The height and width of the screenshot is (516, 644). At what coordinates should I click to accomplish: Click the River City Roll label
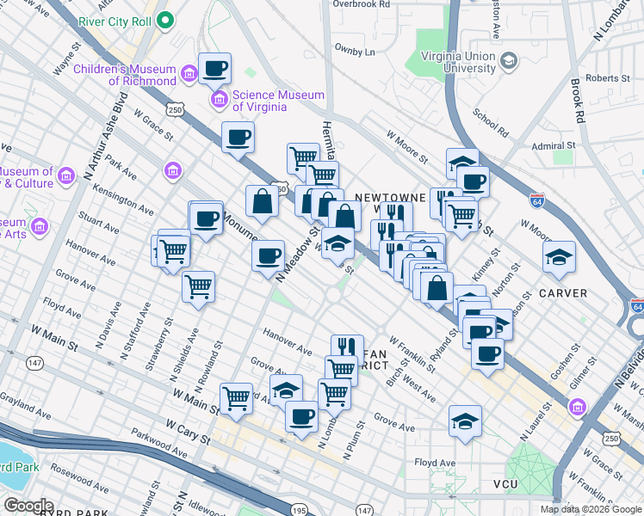click(x=116, y=20)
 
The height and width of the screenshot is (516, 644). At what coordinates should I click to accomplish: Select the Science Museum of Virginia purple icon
click(x=220, y=101)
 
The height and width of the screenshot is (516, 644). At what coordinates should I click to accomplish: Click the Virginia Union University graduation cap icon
click(x=508, y=59)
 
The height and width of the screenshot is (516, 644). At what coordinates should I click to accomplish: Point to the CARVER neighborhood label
click(x=563, y=293)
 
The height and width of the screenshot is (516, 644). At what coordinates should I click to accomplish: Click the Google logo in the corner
click(x=28, y=505)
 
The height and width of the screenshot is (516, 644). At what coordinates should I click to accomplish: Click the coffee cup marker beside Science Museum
click(x=214, y=68)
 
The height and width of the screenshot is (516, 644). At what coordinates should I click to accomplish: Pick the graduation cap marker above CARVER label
click(x=559, y=256)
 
